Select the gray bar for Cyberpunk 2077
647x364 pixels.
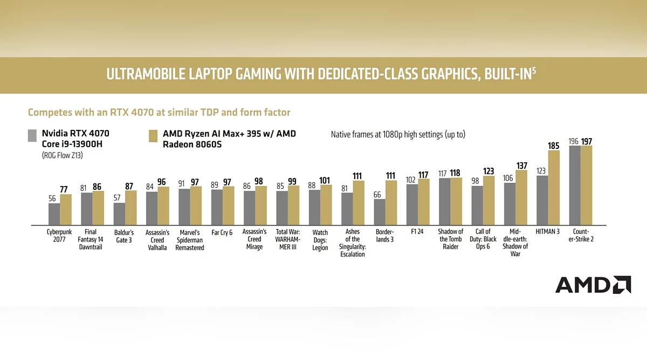pyautogui.click(x=54, y=214)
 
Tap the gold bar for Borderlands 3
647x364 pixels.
pyautogui.click(x=390, y=203)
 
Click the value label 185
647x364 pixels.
pyautogui.click(x=554, y=145)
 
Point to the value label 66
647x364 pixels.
pyautogui.click(x=377, y=194)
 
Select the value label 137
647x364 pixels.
pyautogui.click(x=521, y=165)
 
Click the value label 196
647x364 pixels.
pyautogui.click(x=573, y=141)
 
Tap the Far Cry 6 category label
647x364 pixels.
pyautogui.click(x=222, y=232)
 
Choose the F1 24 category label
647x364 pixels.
pyautogui.click(x=417, y=232)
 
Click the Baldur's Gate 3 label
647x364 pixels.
pyautogui.click(x=124, y=236)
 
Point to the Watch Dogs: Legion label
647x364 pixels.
pyautogui.click(x=320, y=241)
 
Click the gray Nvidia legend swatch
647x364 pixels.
pyautogui.click(x=32, y=135)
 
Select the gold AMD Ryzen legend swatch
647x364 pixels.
pyautogui.click(x=153, y=135)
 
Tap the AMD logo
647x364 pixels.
pyautogui.click(x=593, y=285)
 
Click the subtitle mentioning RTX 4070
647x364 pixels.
pyautogui.click(x=159, y=112)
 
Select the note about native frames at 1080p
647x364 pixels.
pyautogui.click(x=398, y=134)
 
